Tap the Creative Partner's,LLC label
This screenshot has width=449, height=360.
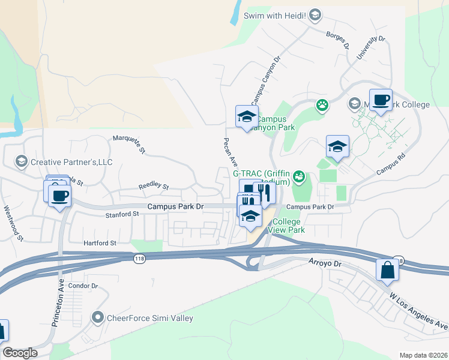[x=71, y=162]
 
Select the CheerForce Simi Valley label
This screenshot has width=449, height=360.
[x=149, y=318]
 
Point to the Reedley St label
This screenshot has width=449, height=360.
[x=154, y=186]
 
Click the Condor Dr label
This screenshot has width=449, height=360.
[x=83, y=286]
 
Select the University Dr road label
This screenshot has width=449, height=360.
[x=370, y=47]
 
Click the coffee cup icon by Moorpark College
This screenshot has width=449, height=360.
[x=380, y=100]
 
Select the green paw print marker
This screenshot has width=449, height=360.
[x=322, y=106]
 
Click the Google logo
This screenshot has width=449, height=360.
[x=20, y=353]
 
